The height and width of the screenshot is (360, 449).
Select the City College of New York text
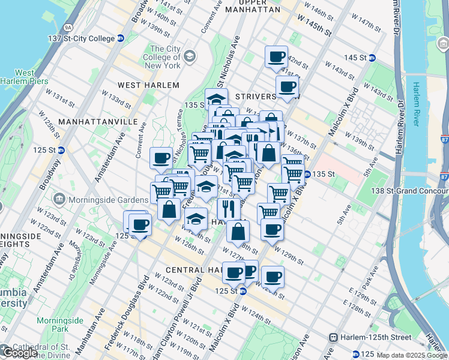(165, 57)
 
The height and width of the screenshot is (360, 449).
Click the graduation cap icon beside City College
(190, 57)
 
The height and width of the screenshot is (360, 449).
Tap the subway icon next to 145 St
(372, 58)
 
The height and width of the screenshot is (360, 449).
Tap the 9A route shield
(68, 27)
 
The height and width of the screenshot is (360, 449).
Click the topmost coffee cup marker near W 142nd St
(276, 57)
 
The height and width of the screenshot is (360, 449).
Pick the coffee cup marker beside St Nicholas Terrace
(161, 158)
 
